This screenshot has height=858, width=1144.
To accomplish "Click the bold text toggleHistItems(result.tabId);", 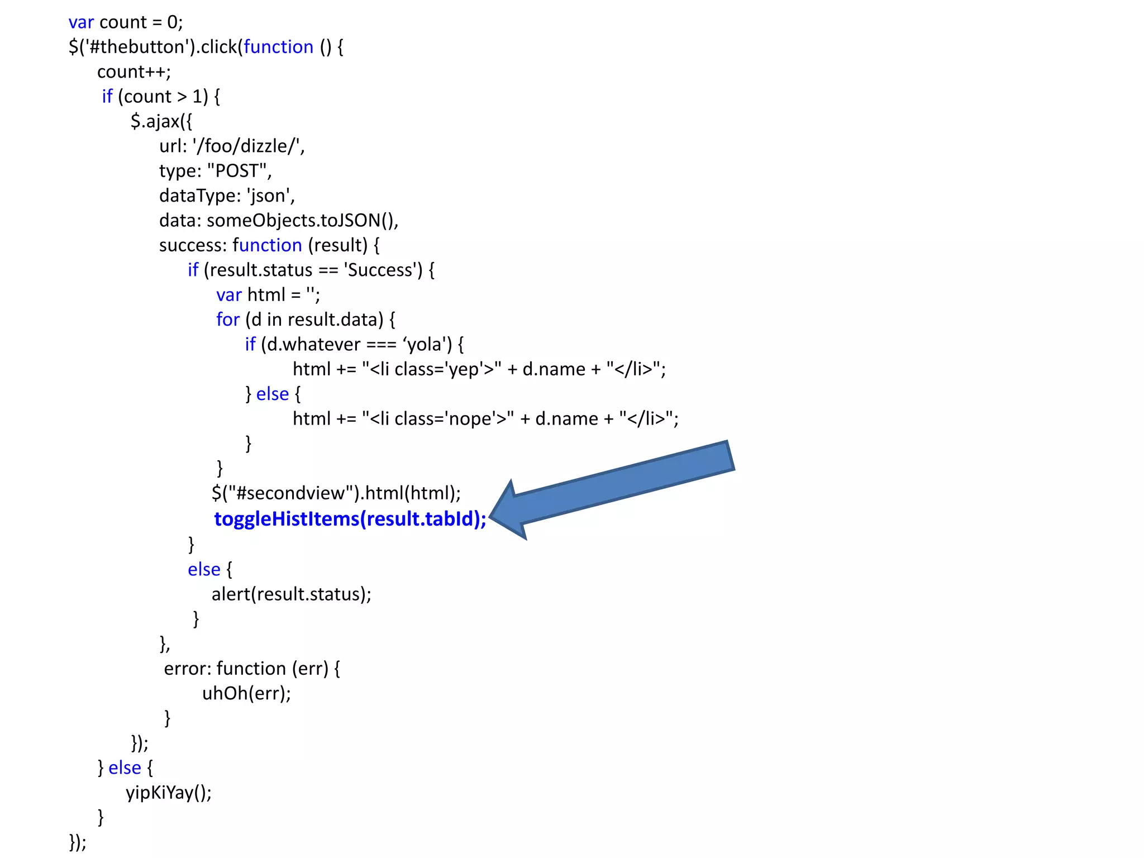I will [x=350, y=519].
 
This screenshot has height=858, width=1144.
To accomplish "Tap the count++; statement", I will [x=134, y=72].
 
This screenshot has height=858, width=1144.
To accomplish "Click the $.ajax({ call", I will [x=161, y=121].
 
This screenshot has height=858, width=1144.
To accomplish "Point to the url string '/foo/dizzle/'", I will [x=248, y=146].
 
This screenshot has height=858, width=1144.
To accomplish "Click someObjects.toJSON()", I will [x=302, y=221].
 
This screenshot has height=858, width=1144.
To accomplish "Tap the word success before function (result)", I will [x=192, y=245].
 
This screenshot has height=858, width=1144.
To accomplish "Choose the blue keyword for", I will [x=228, y=320].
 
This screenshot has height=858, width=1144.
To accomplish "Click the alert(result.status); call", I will [x=291, y=594].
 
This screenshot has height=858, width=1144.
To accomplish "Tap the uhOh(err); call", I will [x=246, y=693].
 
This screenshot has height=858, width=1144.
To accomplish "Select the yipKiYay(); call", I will [x=169, y=793].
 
